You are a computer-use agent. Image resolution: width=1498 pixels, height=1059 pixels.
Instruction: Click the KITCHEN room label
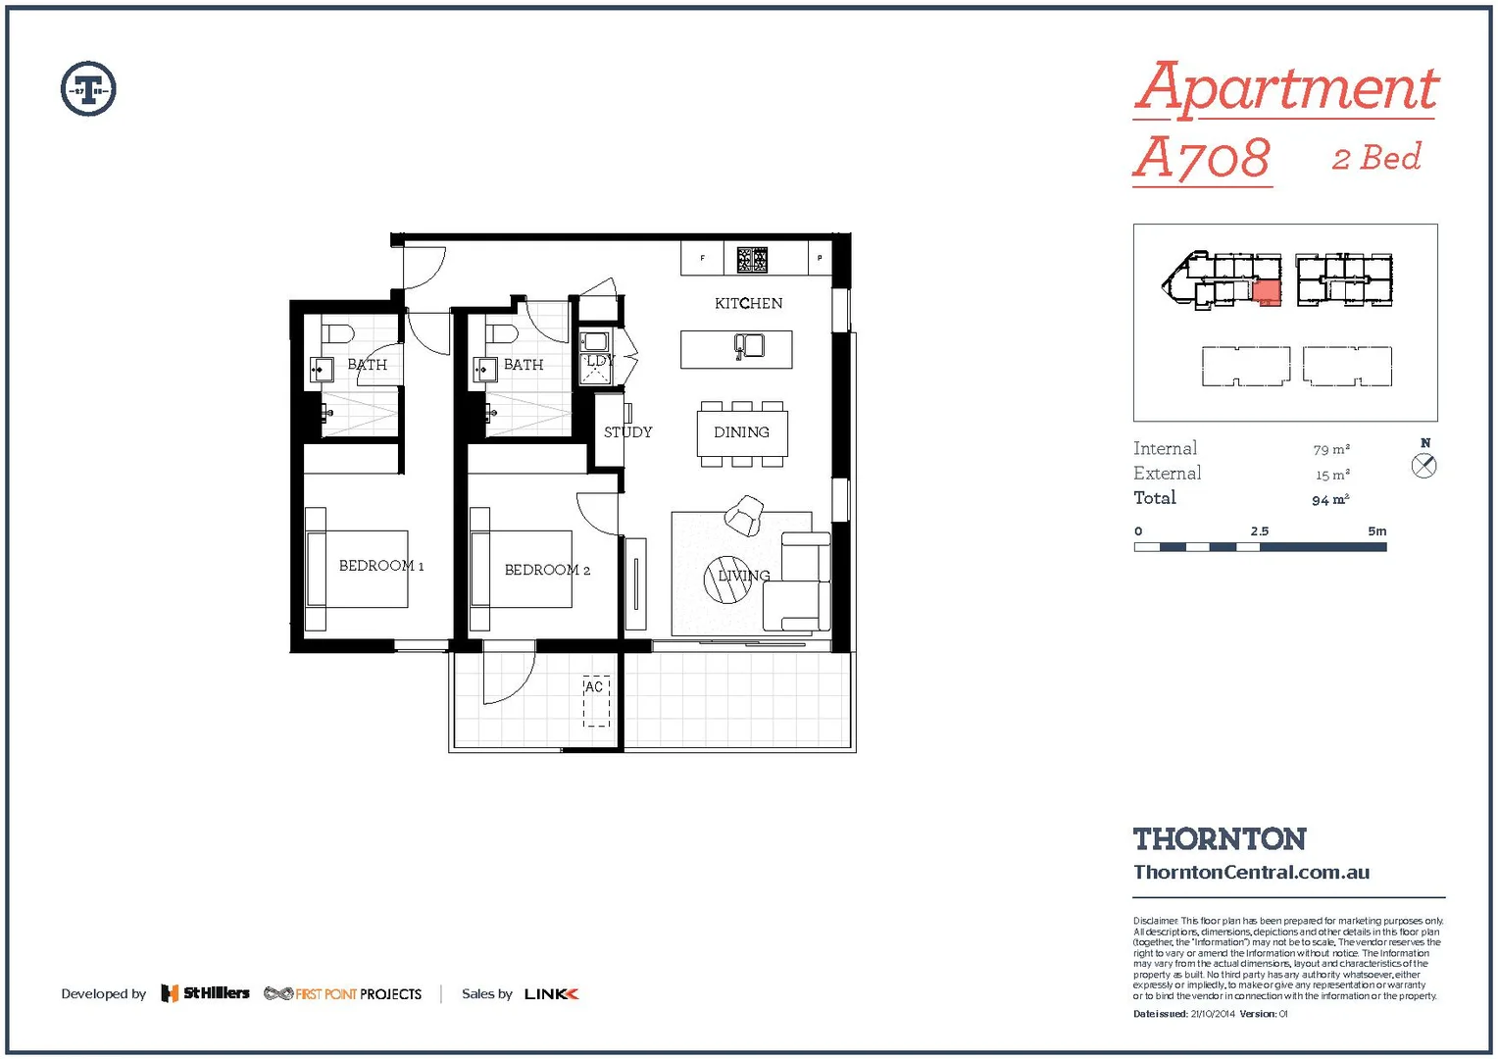tap(748, 304)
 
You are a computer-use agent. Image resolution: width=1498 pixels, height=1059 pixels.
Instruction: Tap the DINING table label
tap(741, 432)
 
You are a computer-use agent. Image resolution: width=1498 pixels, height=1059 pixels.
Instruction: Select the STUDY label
tap(627, 432)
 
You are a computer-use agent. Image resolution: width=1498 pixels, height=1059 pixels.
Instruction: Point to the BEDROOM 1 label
tap(380, 566)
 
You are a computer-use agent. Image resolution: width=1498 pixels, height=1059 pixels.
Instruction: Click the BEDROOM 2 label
tap(547, 570)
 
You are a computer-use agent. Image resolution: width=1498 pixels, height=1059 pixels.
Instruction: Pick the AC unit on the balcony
tap(596, 701)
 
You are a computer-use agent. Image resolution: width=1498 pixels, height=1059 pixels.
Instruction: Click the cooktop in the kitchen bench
tap(752, 259)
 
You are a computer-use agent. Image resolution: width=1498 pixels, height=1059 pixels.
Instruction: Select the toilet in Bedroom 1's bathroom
tap(337, 333)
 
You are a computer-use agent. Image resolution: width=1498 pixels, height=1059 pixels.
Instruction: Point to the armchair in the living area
tap(744, 515)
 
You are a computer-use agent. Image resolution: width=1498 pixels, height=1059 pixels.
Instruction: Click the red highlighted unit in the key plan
tap(1267, 292)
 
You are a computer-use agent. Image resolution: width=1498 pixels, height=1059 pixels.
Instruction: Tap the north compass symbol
tap(1423, 466)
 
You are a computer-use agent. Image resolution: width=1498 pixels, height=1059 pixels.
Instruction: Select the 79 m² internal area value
tap(1330, 449)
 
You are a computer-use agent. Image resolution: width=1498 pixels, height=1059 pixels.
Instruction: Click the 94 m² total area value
tap(1330, 500)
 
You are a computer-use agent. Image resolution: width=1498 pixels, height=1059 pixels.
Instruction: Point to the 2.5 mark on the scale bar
tap(1260, 531)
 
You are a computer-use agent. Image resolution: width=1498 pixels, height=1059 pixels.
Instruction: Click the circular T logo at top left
tap(88, 89)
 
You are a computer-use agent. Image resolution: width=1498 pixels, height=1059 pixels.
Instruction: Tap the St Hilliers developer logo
tap(205, 993)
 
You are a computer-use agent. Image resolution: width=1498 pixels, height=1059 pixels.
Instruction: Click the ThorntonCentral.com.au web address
tap(1251, 872)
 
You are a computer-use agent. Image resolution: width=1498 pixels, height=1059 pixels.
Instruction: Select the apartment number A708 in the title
tap(1202, 158)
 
